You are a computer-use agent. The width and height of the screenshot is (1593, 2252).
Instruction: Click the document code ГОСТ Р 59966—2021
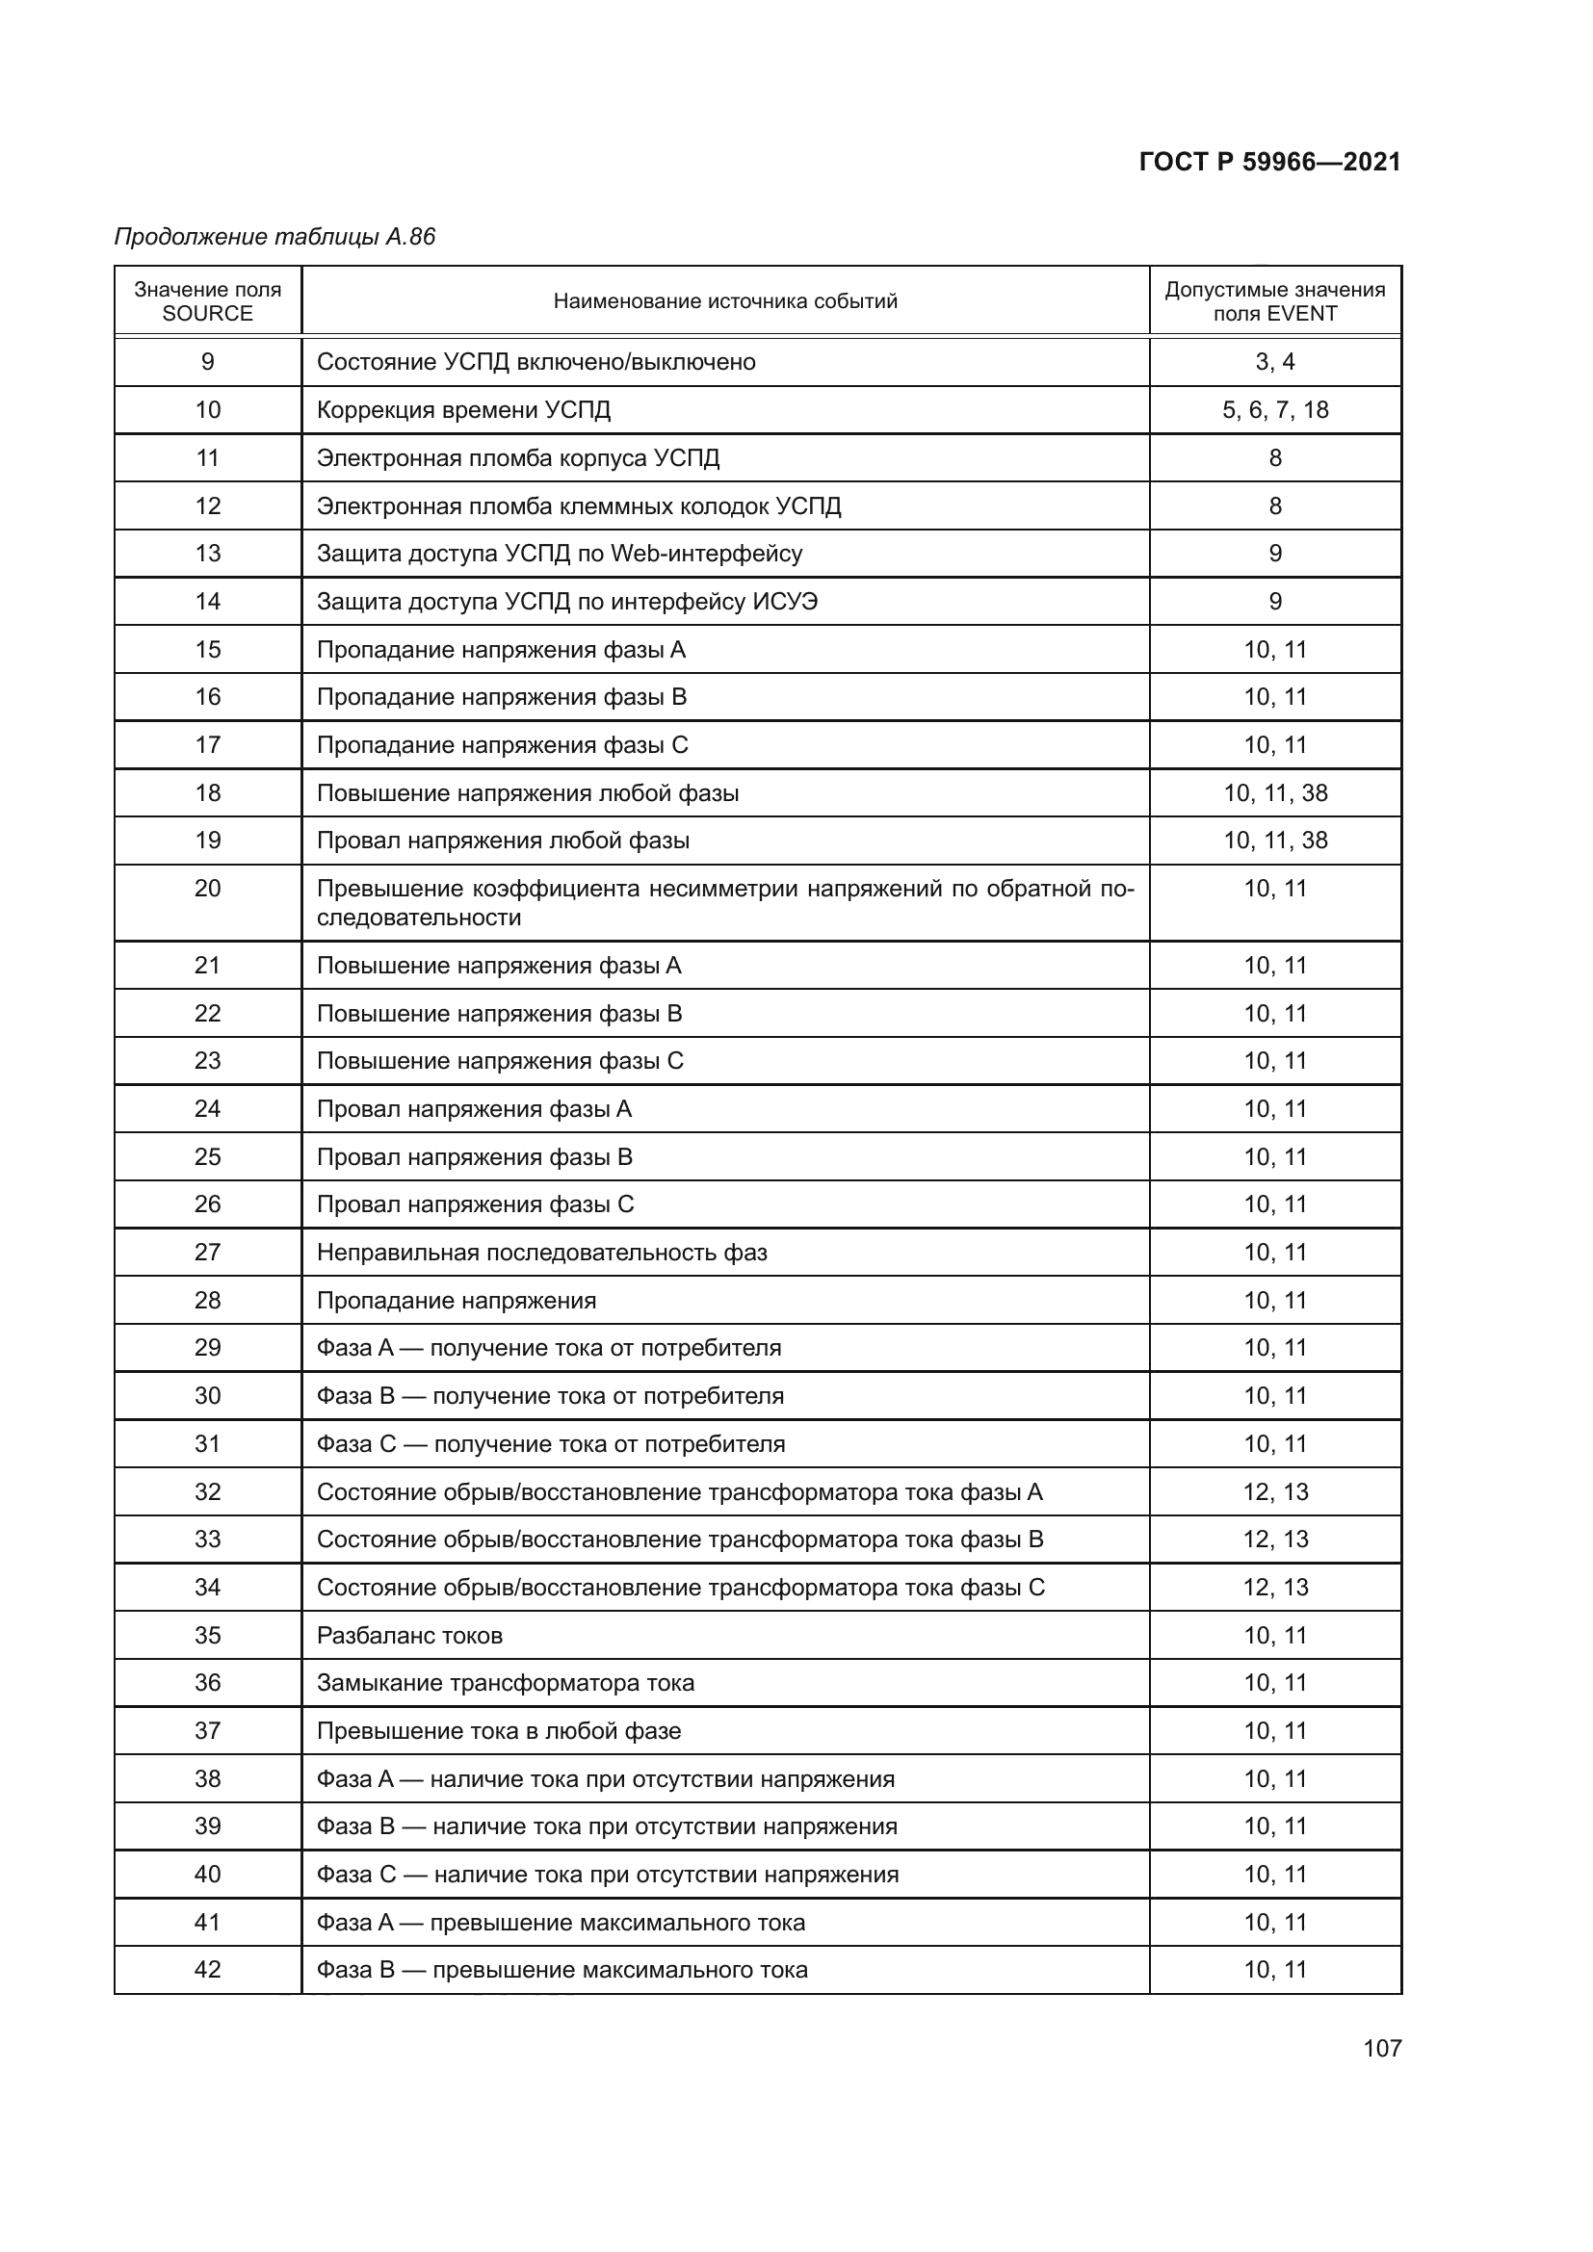(1269, 162)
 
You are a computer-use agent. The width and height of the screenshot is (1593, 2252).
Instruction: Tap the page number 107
(1381, 2048)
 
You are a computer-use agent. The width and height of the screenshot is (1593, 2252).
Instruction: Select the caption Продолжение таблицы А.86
(274, 237)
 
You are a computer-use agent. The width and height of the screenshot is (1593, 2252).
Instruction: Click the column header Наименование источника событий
(725, 301)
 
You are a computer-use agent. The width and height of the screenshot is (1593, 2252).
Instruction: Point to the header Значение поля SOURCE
(207, 301)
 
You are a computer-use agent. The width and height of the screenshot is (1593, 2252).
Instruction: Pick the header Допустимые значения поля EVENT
(1274, 301)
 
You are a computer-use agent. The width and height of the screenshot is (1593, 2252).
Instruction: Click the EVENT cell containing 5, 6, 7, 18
(1274, 410)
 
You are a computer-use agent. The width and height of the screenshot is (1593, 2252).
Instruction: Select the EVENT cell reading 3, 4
(1274, 362)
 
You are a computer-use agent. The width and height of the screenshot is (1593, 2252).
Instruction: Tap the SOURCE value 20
(207, 889)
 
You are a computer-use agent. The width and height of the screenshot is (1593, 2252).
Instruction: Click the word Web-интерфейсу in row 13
(706, 554)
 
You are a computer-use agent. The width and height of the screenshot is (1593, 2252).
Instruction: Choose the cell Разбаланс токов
(409, 1635)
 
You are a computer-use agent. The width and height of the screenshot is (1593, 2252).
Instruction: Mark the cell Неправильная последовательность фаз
(541, 1253)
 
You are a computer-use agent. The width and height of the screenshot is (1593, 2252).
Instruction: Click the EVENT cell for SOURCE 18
(1274, 792)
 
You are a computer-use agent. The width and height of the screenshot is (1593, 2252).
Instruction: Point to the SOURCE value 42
(207, 1970)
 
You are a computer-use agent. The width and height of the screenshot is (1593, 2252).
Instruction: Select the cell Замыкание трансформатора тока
(506, 1683)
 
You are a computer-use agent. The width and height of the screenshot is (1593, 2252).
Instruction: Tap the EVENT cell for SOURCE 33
(1274, 1539)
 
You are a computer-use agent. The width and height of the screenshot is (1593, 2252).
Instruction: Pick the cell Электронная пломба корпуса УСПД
(518, 458)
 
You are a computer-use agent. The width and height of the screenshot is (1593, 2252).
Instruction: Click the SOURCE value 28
(207, 1301)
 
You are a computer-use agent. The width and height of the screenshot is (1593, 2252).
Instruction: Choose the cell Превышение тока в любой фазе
(498, 1731)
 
